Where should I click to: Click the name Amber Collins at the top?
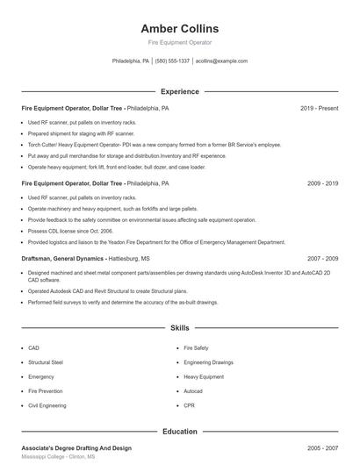point(179,28)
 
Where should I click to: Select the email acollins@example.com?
point(221,61)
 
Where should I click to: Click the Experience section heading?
point(179,91)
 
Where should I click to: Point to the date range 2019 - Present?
point(319,109)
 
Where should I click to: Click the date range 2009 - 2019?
point(322,184)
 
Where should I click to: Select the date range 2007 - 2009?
point(322,260)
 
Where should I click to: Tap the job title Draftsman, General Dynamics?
point(62,260)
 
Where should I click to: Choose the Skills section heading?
point(179,328)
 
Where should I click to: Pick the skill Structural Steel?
point(46,362)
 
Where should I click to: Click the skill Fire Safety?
point(196,348)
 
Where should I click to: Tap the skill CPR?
point(189,406)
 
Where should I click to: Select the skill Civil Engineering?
point(47,406)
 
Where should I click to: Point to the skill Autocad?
point(193,391)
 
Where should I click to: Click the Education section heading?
point(179,432)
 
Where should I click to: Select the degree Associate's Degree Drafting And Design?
point(76,448)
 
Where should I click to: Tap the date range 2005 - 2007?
point(322,448)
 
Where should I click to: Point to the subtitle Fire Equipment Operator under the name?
point(179,42)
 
